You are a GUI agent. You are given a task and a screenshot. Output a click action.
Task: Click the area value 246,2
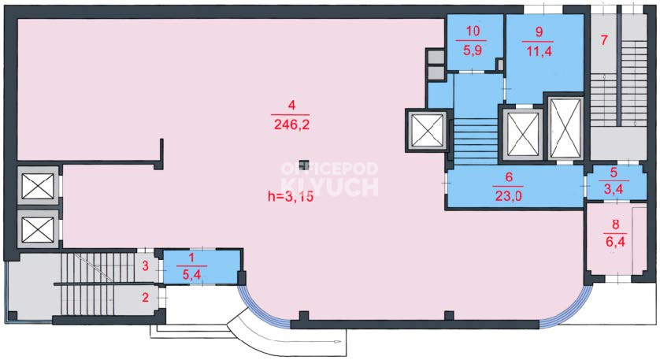pyautogui.click(x=291, y=124)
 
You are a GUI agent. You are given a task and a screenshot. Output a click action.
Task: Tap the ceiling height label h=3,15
pyautogui.click(x=291, y=196)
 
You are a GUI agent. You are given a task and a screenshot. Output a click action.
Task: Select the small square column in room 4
pyautogui.click(x=303, y=165)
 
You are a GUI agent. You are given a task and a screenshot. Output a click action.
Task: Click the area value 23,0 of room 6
pyautogui.click(x=509, y=196)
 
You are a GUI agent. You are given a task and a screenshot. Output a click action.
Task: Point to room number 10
pyautogui.click(x=473, y=32)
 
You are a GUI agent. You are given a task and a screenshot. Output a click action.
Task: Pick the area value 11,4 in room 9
pyautogui.click(x=539, y=51)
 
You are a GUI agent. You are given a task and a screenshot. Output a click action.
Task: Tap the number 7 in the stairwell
pyautogui.click(x=604, y=40)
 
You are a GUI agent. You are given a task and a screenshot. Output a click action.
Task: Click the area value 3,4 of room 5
pyautogui.click(x=614, y=189)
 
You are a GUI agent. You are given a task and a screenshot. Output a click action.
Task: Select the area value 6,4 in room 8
pyautogui.click(x=615, y=242)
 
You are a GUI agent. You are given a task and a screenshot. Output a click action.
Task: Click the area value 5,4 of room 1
pyautogui.click(x=191, y=276)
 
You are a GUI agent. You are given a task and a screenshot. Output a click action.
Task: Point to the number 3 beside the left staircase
pyautogui.click(x=145, y=266)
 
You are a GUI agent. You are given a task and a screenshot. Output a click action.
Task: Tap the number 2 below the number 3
pyautogui.click(x=145, y=298)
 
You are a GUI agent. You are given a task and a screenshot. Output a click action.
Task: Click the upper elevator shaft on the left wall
pyautogui.click(x=38, y=186)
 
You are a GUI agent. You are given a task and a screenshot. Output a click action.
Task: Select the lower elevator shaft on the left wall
pyautogui.click(x=38, y=229)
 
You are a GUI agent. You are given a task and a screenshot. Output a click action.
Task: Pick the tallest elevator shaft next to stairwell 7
pyautogui.click(x=565, y=129)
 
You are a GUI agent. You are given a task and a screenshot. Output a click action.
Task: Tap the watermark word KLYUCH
pyautogui.click(x=329, y=187)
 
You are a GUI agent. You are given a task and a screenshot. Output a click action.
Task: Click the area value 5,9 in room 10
pyautogui.click(x=473, y=50)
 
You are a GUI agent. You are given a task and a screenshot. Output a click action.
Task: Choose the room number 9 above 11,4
pyautogui.click(x=539, y=32)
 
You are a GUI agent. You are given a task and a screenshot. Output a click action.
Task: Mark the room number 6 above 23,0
pyautogui.click(x=509, y=176)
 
